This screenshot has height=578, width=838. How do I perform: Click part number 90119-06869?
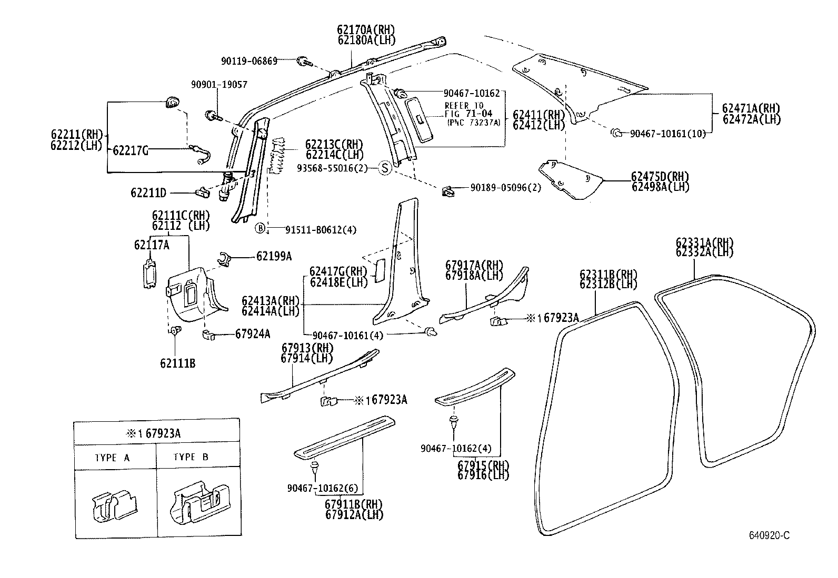(249, 61)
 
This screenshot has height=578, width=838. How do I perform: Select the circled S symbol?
(385, 168)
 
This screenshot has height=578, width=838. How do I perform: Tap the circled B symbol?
(260, 228)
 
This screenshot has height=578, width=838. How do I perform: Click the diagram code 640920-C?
(770, 535)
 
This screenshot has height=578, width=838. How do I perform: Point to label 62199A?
(274, 256)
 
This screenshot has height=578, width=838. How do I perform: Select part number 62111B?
(178, 363)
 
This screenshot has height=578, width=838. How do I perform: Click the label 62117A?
(152, 245)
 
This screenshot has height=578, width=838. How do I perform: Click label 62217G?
(130, 151)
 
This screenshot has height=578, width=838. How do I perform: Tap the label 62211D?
(148, 193)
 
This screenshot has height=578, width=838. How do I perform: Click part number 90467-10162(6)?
(323, 488)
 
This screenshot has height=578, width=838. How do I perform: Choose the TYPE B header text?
(191, 457)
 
